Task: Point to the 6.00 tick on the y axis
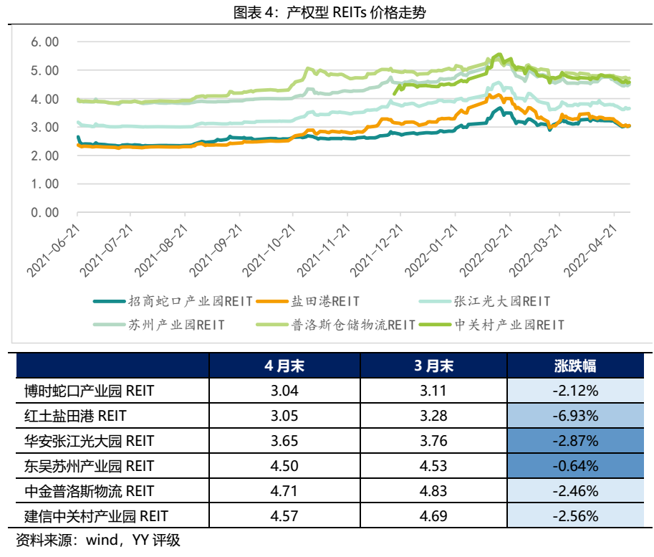(x=44, y=42)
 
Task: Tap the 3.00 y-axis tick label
(x=44, y=127)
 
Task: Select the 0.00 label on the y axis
(x=44, y=212)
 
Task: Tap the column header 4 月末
(x=284, y=366)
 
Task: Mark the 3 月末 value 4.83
(x=433, y=491)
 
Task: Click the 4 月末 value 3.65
(x=284, y=441)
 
